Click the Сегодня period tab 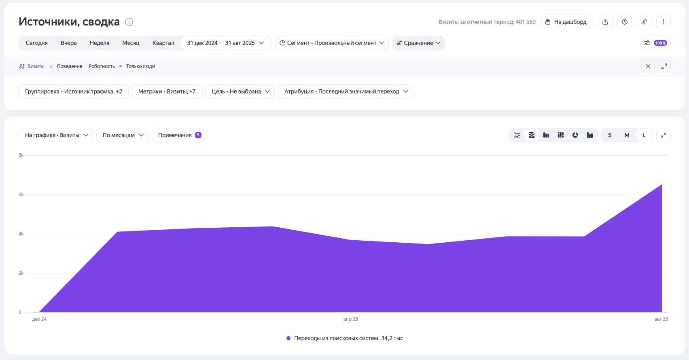(37, 43)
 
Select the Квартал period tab (163, 43)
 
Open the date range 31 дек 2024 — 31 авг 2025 (225, 43)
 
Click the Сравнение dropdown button (418, 43)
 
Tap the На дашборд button (566, 22)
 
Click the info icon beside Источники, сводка (129, 22)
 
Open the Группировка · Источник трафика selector (74, 91)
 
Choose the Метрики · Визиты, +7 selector (167, 91)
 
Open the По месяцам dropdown (122, 135)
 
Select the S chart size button (610, 135)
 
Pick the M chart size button (627, 135)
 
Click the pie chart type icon (575, 135)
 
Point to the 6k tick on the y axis (21, 195)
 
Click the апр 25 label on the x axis (350, 319)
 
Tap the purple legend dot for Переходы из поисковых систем (288, 338)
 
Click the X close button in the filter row (648, 66)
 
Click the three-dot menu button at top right (664, 22)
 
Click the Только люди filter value (140, 66)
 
